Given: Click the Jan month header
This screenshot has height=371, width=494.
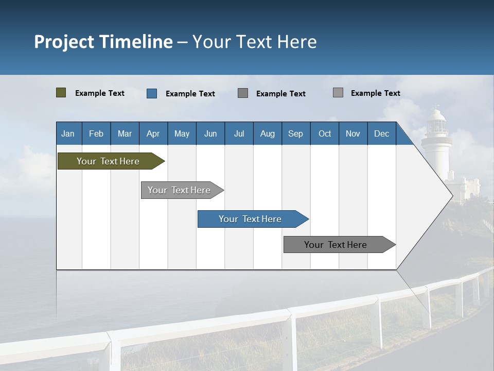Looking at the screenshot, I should coord(68,133).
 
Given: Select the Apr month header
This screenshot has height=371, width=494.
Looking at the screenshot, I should coord(153,133).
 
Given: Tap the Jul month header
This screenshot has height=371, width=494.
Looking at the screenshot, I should coord(239,133).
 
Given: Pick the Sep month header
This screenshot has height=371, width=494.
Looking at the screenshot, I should coord(295,133).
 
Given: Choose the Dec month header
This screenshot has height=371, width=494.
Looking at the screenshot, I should coord(381,133).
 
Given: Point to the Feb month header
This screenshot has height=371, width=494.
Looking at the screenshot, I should coord(96,133).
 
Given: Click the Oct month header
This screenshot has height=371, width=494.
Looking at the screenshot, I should coord(325,133).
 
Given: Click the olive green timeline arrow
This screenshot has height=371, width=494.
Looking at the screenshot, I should coord(108,161).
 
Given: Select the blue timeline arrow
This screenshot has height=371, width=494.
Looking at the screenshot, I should coord(250,219).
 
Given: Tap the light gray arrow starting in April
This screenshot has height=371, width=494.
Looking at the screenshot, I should coord(179,190).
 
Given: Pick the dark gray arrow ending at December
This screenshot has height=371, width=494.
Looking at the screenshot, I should coord(336,245).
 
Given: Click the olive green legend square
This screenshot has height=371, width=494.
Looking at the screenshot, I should coord(61,93).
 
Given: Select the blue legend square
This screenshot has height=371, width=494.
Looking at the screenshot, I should coord(152,93).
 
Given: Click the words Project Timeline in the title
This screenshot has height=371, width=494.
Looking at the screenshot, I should coord(103,42).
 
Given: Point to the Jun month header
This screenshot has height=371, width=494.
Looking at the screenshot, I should coord(210,133).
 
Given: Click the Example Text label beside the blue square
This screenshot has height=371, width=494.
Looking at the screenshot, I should coord(190,94).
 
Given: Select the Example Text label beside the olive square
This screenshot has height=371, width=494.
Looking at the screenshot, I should coord(100,93).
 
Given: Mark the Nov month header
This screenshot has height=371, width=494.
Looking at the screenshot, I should coord(353,133).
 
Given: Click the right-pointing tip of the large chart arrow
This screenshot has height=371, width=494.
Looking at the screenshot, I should coord(452,195).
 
